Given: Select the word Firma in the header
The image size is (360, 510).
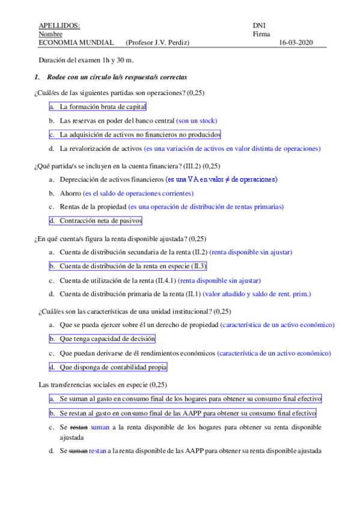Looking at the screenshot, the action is point(262,34).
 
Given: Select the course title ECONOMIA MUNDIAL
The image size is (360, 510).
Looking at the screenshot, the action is point(76,43).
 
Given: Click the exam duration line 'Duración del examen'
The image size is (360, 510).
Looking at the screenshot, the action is point(86,61).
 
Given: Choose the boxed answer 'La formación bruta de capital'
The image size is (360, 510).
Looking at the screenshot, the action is point(98,106).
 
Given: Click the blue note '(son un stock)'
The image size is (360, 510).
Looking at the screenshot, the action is point(197,121).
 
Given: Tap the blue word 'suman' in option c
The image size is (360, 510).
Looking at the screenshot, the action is point(100,427).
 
